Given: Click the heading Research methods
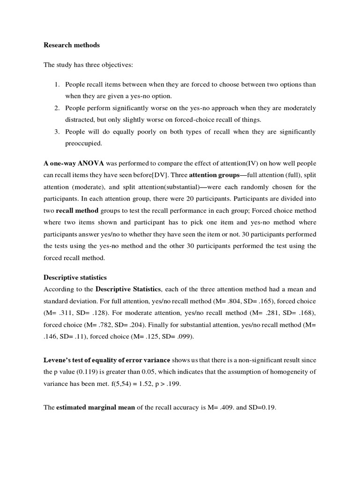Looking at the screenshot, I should coord(71,45).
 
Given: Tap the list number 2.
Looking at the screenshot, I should coord(56,108).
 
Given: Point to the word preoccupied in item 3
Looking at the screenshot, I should coord(83,143).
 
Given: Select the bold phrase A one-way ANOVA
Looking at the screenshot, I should coord(74,164).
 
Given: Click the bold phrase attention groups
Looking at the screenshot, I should coord(213,175).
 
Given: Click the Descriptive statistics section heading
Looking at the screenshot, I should coord(75,277).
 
